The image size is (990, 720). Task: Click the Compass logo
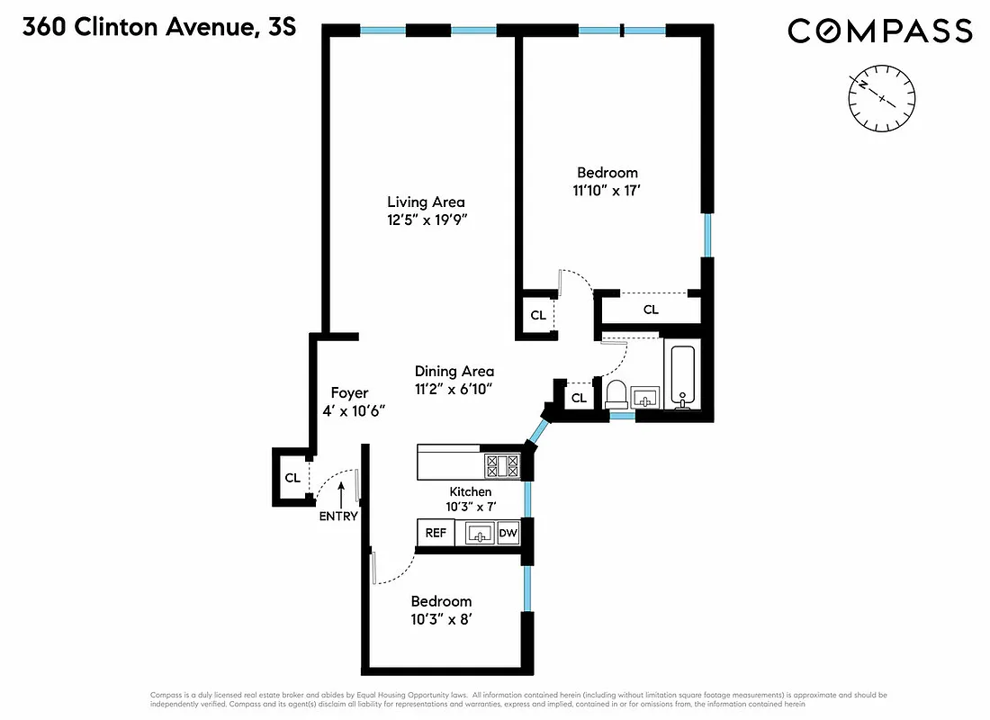[879, 31]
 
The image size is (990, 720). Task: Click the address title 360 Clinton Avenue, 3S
[158, 28]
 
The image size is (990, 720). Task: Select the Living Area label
[426, 202]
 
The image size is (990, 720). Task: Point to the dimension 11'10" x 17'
[607, 190]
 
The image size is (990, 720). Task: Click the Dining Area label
[454, 371]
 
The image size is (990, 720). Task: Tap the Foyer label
[349, 392]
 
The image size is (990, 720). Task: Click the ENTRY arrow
[341, 492]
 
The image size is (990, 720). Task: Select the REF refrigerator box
[436, 533]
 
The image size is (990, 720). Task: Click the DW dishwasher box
[508, 533]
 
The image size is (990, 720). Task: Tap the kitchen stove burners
[503, 465]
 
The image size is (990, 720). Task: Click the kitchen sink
[481, 534]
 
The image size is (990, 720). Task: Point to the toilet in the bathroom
[616, 393]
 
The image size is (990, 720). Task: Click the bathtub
[681, 374]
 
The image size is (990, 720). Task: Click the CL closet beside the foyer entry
[292, 478]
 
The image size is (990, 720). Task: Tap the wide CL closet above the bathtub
[650, 310]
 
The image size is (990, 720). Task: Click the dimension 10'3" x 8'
[441, 619]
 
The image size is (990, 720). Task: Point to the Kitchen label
[470, 491]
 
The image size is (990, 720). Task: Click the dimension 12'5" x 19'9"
[426, 220]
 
